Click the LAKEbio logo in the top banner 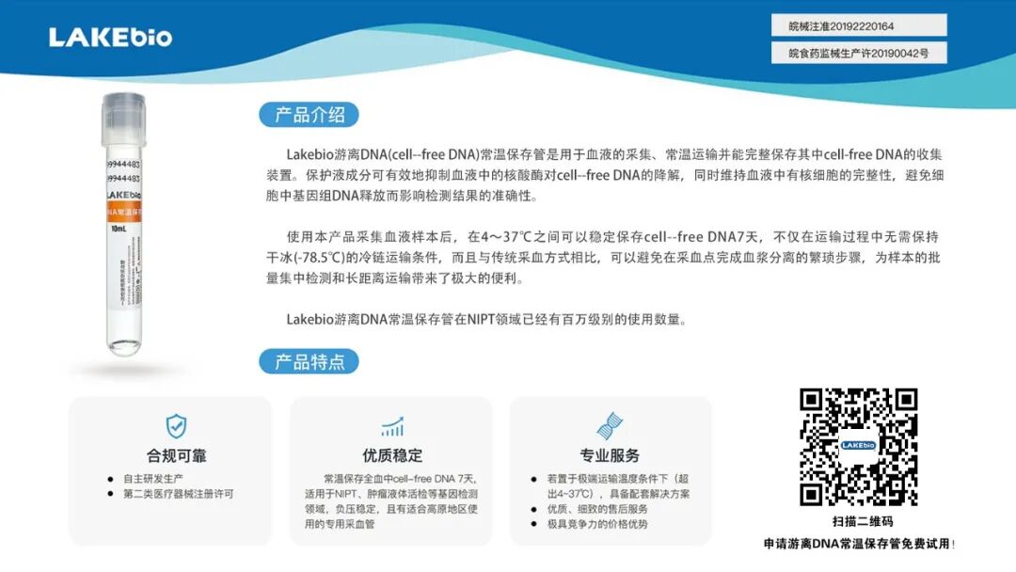111,38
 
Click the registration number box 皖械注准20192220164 859,25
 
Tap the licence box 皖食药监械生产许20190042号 859,54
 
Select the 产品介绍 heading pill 310,116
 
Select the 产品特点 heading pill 310,361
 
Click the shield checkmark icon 176,426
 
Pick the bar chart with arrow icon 392,426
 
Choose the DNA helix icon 610,426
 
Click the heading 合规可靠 176,456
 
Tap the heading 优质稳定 392,456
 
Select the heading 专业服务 610,456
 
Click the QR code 858,447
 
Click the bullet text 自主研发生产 156,478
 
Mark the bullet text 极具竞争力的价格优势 597,523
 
